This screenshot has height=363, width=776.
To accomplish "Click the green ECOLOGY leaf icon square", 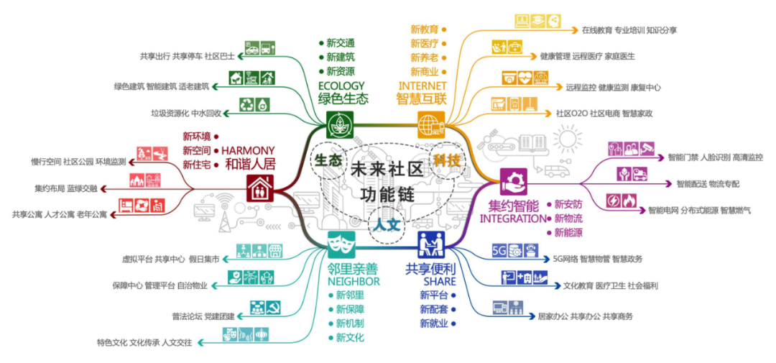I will (x=338, y=124).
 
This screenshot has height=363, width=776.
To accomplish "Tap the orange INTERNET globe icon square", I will (x=431, y=124).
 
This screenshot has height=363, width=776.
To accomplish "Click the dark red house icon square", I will (x=260, y=189).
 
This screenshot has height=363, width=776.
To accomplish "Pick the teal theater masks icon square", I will (x=341, y=246).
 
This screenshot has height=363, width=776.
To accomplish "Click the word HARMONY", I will (x=248, y=150).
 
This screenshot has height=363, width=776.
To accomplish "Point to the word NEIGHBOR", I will (x=354, y=282).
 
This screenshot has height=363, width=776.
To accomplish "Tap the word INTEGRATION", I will (x=512, y=219).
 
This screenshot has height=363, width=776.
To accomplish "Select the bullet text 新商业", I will (x=425, y=72).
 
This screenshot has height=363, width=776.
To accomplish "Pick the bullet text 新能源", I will (x=568, y=232).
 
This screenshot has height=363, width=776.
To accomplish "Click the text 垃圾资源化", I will (x=170, y=113).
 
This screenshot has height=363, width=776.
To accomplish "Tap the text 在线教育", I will (x=597, y=30).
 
